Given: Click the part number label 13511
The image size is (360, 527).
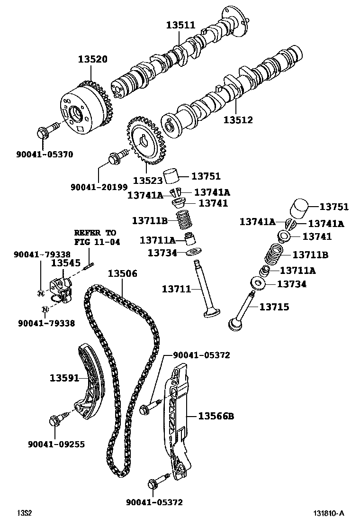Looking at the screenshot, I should (x=180, y=25).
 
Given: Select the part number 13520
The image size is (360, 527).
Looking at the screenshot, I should (x=93, y=59).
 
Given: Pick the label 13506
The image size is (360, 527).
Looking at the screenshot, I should (x=122, y=273).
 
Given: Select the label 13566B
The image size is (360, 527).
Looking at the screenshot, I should (x=216, y=416).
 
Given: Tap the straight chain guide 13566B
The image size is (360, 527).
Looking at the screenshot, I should (x=178, y=417).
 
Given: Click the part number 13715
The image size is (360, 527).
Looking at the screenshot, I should (x=274, y=307).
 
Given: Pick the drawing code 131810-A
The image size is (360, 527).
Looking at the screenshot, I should (x=328, y=513).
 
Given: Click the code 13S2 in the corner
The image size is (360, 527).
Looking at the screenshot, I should (x=24, y=513).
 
